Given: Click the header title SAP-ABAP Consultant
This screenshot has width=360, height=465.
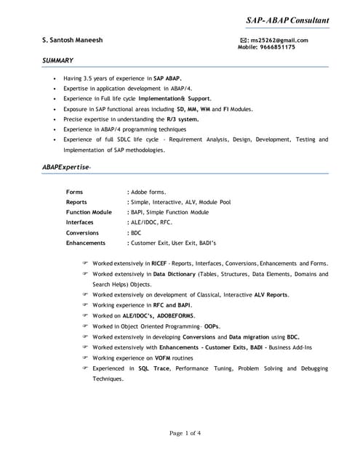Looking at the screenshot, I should [287, 20].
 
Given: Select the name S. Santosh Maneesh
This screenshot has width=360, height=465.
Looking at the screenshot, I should [73, 40].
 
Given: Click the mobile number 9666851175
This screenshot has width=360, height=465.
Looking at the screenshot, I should [278, 47].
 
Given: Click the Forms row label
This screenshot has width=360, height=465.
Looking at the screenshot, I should [74, 192].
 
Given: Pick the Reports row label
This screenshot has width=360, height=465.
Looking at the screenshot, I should [77, 202].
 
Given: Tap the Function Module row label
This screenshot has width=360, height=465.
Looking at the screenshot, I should [89, 212].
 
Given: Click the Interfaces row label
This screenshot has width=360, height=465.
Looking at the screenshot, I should [80, 222].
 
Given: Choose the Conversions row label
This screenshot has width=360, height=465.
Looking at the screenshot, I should [83, 232].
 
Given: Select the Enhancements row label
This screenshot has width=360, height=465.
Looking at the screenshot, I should [86, 243].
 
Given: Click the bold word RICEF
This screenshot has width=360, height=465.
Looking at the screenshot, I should [159, 262].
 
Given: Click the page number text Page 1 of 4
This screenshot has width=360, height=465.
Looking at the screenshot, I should [185, 433].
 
